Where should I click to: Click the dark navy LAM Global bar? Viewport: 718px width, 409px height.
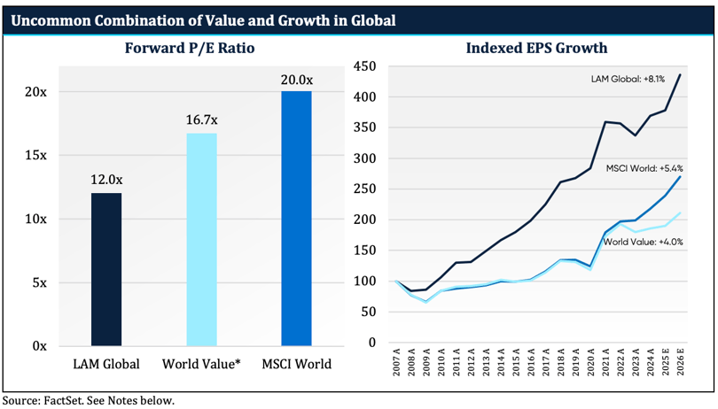pyautogui.click(x=106, y=269)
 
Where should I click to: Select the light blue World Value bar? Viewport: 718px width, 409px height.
pyautogui.click(x=201, y=239)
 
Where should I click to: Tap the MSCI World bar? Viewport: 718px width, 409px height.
pyautogui.click(x=296, y=218)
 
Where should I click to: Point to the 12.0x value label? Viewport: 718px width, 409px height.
pyautogui.click(x=106, y=180)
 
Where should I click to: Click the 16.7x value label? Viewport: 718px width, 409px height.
pyautogui.click(x=201, y=120)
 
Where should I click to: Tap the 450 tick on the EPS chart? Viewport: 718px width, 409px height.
pyautogui.click(x=363, y=66)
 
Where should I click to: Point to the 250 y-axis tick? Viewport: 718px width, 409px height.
pyautogui.click(x=363, y=189)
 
